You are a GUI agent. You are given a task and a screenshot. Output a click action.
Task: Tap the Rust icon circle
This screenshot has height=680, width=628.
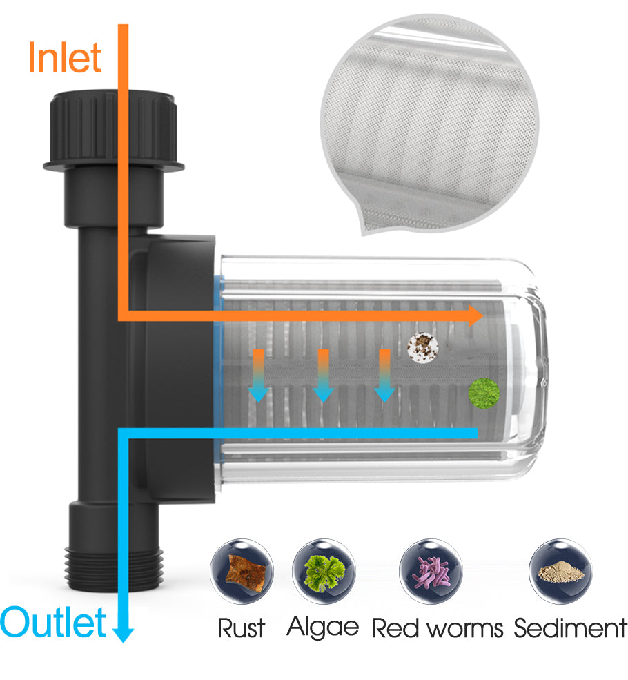(242, 572)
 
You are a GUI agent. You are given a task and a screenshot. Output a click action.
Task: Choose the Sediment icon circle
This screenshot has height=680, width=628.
(560, 572)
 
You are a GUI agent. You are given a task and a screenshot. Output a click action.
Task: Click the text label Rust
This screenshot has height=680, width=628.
(242, 628)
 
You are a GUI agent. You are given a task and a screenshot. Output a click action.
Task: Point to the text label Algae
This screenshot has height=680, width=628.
(323, 627)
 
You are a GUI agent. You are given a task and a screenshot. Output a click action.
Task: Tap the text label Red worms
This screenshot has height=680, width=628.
(438, 628)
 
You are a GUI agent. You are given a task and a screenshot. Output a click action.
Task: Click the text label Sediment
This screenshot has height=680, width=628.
(570, 628)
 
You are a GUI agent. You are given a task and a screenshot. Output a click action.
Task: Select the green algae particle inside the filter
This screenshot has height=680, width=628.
(483, 391)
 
